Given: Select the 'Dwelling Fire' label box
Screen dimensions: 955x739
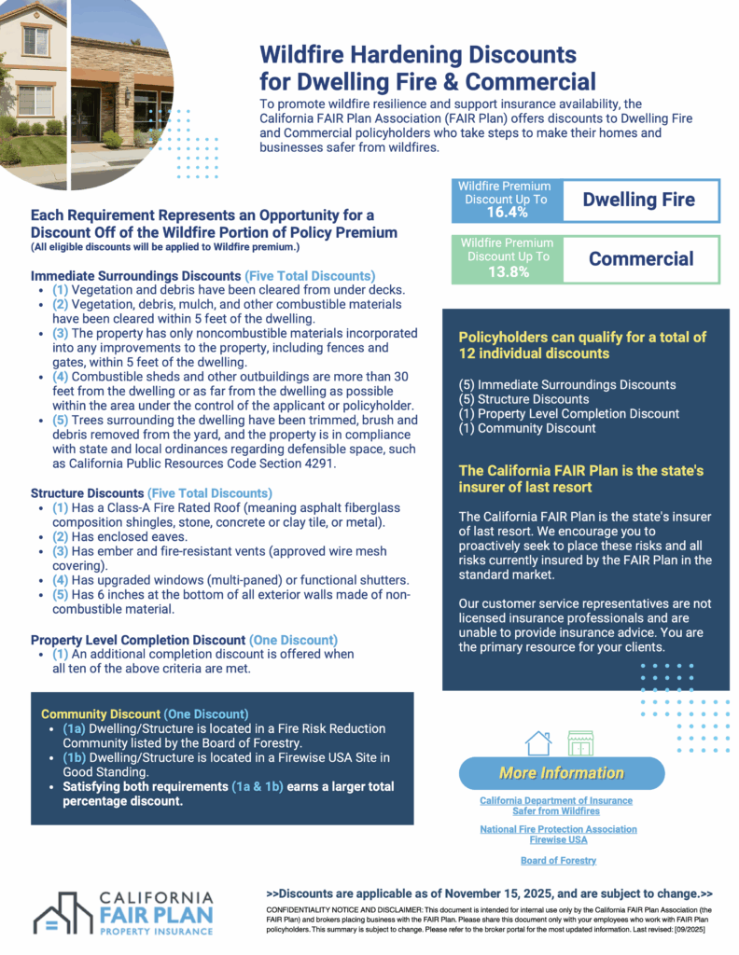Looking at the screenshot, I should (x=639, y=199).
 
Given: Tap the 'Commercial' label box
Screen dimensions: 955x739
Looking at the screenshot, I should (x=640, y=258).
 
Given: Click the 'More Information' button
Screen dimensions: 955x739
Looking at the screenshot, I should (x=561, y=772).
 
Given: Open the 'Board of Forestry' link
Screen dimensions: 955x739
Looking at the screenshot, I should (x=558, y=860).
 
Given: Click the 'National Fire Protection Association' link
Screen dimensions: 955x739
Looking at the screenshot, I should (x=558, y=828).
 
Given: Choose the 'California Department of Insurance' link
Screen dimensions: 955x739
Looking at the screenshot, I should (x=555, y=800).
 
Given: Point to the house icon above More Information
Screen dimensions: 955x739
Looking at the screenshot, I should (x=538, y=742).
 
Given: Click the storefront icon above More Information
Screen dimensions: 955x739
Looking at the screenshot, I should (x=580, y=742).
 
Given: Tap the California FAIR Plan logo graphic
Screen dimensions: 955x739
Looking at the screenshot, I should (x=63, y=912).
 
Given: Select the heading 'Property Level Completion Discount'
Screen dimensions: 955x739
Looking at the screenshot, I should (x=137, y=640).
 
